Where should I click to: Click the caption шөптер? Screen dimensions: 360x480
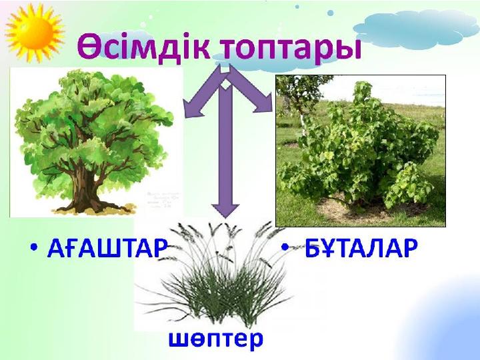pyautogui.click(x=215, y=339)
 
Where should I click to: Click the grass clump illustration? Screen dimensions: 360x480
pyautogui.click(x=213, y=280)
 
